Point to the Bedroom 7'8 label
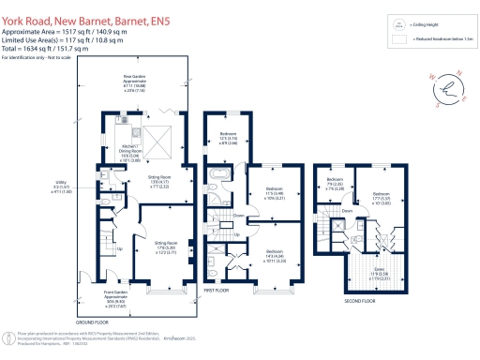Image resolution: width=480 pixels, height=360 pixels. (x=335, y=186)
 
